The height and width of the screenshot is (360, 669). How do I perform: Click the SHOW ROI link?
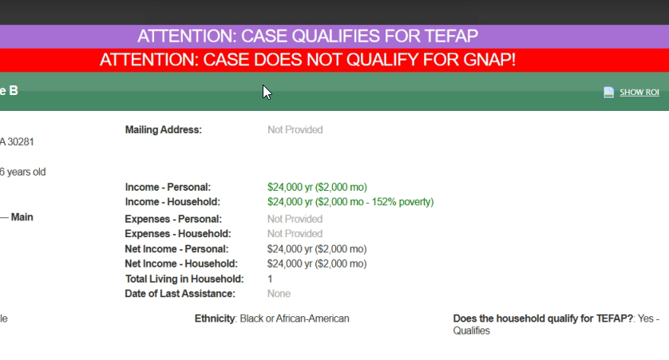(639, 92)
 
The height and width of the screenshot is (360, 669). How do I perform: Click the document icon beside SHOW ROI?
(609, 92)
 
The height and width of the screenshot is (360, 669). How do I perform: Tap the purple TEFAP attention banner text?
(307, 36)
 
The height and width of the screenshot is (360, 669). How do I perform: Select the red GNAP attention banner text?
(307, 60)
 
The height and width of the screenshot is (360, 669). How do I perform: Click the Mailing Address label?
(164, 129)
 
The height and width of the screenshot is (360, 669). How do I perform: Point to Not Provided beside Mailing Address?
(295, 129)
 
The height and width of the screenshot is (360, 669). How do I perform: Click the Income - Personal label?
(168, 188)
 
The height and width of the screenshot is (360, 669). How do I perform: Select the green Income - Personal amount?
(317, 188)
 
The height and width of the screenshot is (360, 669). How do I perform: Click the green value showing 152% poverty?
(350, 202)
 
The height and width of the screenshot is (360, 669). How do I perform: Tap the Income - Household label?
(172, 202)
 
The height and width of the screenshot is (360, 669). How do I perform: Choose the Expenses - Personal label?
(173, 219)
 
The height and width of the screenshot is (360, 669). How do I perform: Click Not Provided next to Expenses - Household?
(295, 234)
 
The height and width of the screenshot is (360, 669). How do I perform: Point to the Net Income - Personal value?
(317, 249)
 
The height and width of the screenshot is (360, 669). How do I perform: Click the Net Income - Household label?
(181, 263)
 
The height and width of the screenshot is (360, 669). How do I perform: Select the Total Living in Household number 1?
(270, 279)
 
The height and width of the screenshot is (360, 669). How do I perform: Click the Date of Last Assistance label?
(180, 294)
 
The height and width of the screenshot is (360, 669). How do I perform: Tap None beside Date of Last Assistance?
(279, 294)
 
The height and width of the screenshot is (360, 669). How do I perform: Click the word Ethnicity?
(215, 318)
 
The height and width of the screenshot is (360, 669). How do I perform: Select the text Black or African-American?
(295, 318)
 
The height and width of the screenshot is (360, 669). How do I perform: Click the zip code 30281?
(21, 142)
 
